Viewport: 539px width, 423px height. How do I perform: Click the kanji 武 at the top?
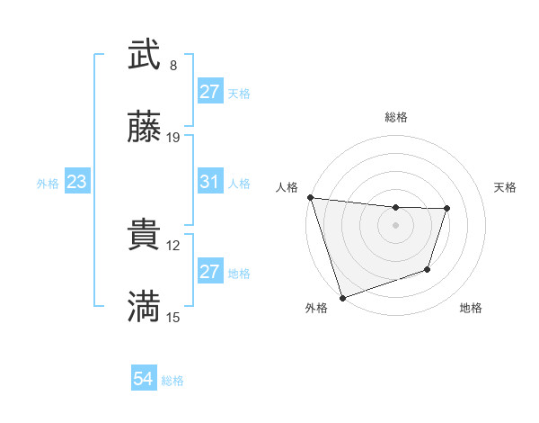[144, 56]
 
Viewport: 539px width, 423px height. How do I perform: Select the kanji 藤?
[144, 128]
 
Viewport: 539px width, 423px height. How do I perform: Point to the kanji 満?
[144, 308]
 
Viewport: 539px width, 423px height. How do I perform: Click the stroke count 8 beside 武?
[173, 66]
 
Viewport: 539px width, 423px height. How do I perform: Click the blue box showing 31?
[209, 182]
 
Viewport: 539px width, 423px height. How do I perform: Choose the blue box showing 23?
[76, 182]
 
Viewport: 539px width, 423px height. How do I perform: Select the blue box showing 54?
[144, 379]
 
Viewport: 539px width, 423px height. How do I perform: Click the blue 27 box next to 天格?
[209, 92]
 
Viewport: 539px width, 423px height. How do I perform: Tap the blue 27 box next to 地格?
[209, 272]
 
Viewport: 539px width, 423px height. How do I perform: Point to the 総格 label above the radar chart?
[396, 117]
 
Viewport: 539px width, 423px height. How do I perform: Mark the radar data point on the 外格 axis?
[342, 296]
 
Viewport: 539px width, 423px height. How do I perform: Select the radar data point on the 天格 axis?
[447, 209]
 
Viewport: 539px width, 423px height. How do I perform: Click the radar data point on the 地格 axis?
[428, 269]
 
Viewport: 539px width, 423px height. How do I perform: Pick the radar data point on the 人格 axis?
[310, 197]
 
